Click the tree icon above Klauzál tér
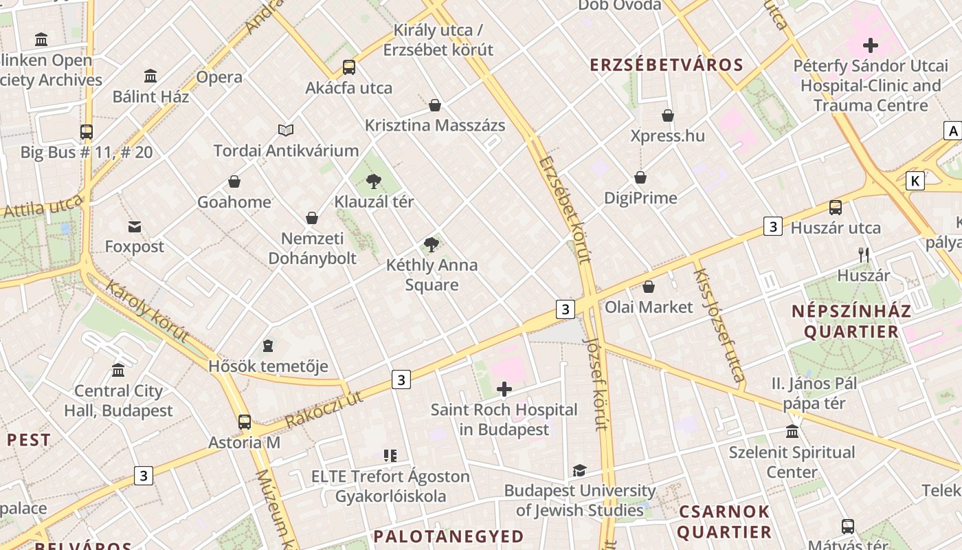tap(374, 181)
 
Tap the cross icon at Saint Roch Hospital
tap(504, 390)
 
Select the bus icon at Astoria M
tap(245, 422)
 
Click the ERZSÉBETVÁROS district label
tap(667, 65)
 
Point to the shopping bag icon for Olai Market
tap(648, 287)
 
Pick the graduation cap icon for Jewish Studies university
tap(579, 471)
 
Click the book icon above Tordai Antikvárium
tap(286, 130)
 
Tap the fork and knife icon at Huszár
tap(864, 255)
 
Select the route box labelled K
tap(915, 181)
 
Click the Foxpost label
tap(135, 246)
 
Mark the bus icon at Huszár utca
tap(836, 207)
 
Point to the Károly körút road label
tap(147, 311)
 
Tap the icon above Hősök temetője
tap(268, 346)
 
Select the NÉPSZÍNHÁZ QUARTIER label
tap(851, 321)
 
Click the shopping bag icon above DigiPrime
tap(640, 178)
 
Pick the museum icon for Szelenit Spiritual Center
tap(792, 432)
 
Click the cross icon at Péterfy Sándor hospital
tap(871, 46)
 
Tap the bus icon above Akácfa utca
tap(349, 67)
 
